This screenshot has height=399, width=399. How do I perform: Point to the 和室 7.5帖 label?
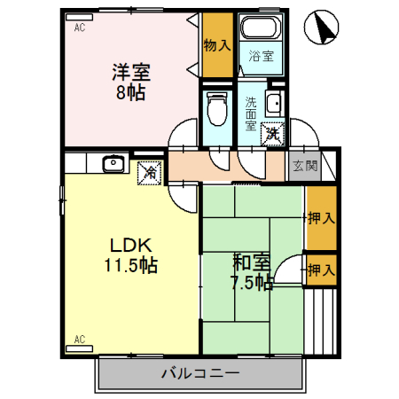click(x=252, y=271)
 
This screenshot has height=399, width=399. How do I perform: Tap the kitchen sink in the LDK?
click(x=113, y=163)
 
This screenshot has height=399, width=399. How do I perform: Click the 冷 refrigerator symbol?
click(x=150, y=170)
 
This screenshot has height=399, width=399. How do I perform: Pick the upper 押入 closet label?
click(x=321, y=217)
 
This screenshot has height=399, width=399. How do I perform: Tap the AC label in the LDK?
click(x=79, y=340)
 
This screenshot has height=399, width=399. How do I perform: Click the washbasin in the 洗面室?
click(x=275, y=104)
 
